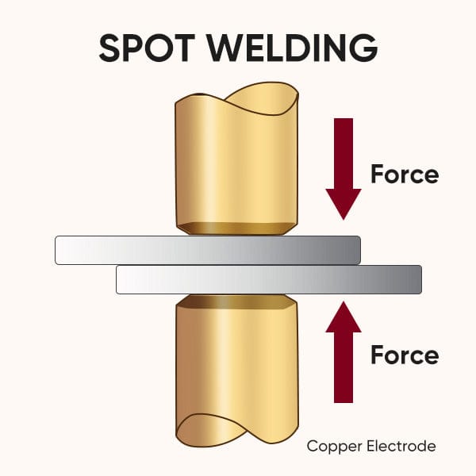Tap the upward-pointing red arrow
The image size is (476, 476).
click(x=343, y=349)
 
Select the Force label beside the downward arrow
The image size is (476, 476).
click(x=405, y=174)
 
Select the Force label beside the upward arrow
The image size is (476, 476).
click(x=405, y=355)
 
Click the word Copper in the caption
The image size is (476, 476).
click(x=332, y=447)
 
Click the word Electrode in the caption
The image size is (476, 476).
click(x=405, y=447)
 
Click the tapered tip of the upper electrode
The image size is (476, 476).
click(x=237, y=228)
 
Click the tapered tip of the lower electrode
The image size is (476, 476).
click(x=237, y=301)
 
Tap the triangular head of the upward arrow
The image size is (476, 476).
click(x=343, y=317)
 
